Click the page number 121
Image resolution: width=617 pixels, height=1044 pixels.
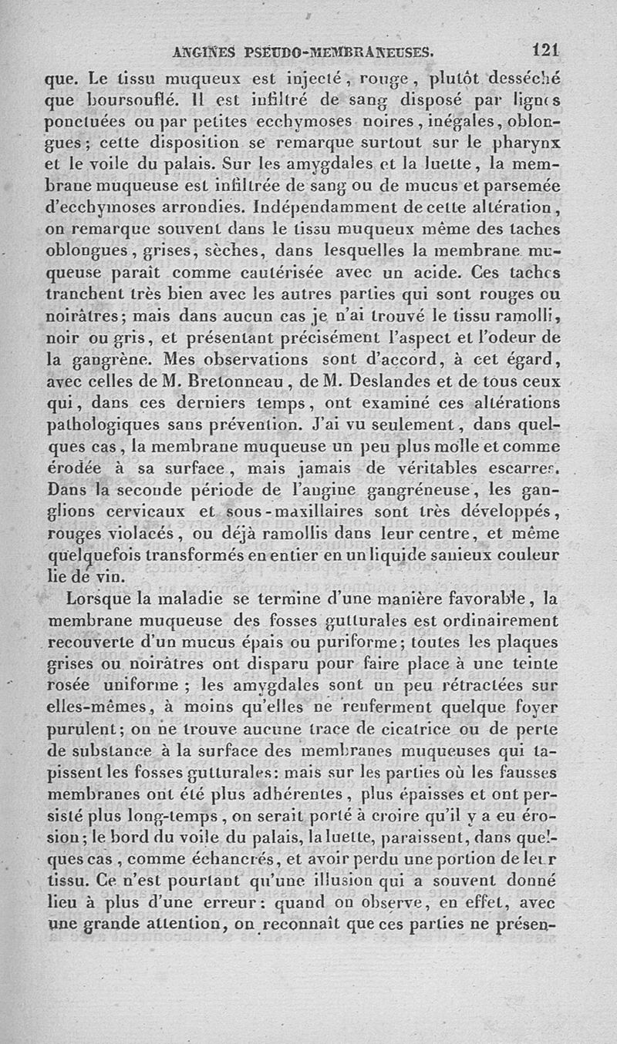[545, 52]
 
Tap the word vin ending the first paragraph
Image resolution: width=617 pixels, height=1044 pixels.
[114, 576]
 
